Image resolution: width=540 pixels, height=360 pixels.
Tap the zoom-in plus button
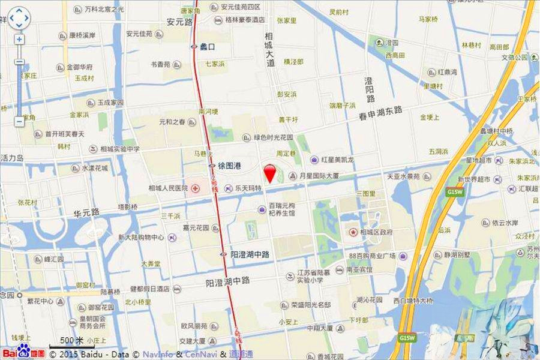[x=19, y=40]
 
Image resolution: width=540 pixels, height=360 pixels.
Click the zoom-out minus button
[x=19, y=121]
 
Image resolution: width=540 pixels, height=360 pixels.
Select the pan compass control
[x=19, y=18]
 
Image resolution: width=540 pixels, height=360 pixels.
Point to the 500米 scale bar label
[x=71, y=341]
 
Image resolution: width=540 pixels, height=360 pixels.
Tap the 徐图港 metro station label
[x=229, y=166]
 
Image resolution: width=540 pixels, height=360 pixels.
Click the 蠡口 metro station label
[x=207, y=46]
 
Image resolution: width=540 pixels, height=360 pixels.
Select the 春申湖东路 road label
[x=380, y=114]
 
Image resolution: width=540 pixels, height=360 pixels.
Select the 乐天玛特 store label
[x=248, y=188]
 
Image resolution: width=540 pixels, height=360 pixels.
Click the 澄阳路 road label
[x=370, y=89]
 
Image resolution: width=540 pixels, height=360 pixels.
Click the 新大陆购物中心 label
[x=141, y=238]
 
